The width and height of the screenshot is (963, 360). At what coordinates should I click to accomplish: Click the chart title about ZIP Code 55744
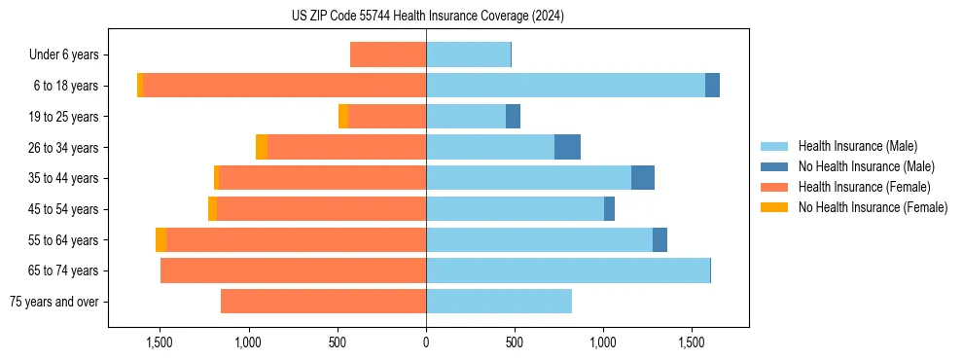coord(427,17)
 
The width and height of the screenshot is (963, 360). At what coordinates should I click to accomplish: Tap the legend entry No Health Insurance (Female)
coord(873,207)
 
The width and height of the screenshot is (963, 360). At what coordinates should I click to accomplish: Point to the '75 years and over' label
coord(53,302)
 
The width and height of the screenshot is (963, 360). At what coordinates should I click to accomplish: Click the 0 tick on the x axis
coord(426,343)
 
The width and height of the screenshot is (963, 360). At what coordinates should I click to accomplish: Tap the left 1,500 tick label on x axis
coord(160,343)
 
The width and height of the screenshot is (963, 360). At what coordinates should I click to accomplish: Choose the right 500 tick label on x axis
coord(515,343)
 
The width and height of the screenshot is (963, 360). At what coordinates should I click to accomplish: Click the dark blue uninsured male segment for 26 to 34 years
coord(567,147)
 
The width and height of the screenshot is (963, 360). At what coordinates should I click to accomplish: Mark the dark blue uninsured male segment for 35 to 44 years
coord(643,178)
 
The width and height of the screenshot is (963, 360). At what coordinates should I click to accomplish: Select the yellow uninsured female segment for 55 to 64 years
coord(160,239)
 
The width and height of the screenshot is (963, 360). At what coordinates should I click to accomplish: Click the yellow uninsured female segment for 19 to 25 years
coord(343,117)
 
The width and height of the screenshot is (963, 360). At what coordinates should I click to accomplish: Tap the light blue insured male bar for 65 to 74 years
coord(568,270)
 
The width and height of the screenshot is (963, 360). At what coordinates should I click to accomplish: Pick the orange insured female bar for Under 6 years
coord(388,55)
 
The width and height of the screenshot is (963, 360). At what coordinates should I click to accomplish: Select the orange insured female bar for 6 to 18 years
coord(284,86)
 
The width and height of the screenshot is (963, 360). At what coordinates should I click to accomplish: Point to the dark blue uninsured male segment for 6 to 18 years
coord(712,86)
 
